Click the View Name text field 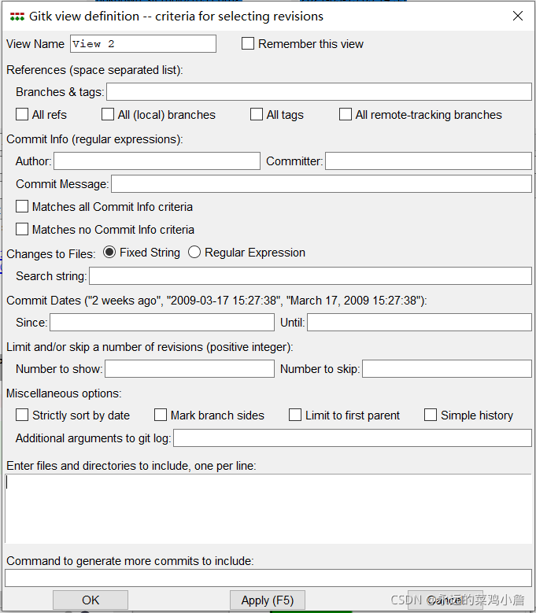(x=142, y=44)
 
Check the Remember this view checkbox (x=248, y=44)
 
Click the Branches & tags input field (x=319, y=92)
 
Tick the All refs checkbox (x=22, y=115)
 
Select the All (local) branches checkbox (x=108, y=115)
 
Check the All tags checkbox (x=257, y=115)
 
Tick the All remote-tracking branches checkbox (x=346, y=115)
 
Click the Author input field (x=157, y=161)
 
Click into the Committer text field (x=428, y=161)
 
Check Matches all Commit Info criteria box (x=22, y=207)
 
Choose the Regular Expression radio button (x=194, y=253)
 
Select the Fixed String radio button (x=109, y=253)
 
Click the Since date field (x=162, y=323)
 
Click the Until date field (x=419, y=323)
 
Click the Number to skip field (x=446, y=369)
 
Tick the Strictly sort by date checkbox (x=22, y=415)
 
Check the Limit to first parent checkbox (x=295, y=415)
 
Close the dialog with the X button (x=517, y=16)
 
